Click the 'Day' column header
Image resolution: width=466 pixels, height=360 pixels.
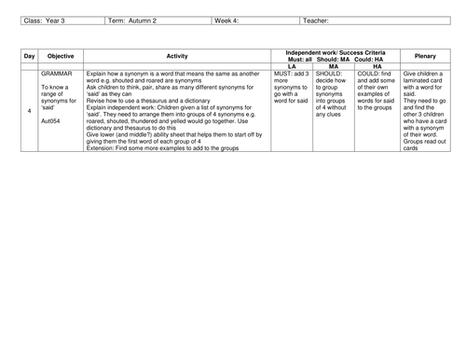29,57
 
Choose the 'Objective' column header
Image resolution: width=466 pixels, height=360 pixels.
61,57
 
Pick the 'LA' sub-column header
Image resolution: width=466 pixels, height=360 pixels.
292,66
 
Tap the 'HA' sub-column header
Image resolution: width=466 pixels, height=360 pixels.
377,66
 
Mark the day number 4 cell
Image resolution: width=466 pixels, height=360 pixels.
29,112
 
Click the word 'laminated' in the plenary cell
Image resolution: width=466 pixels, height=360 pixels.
420,80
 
